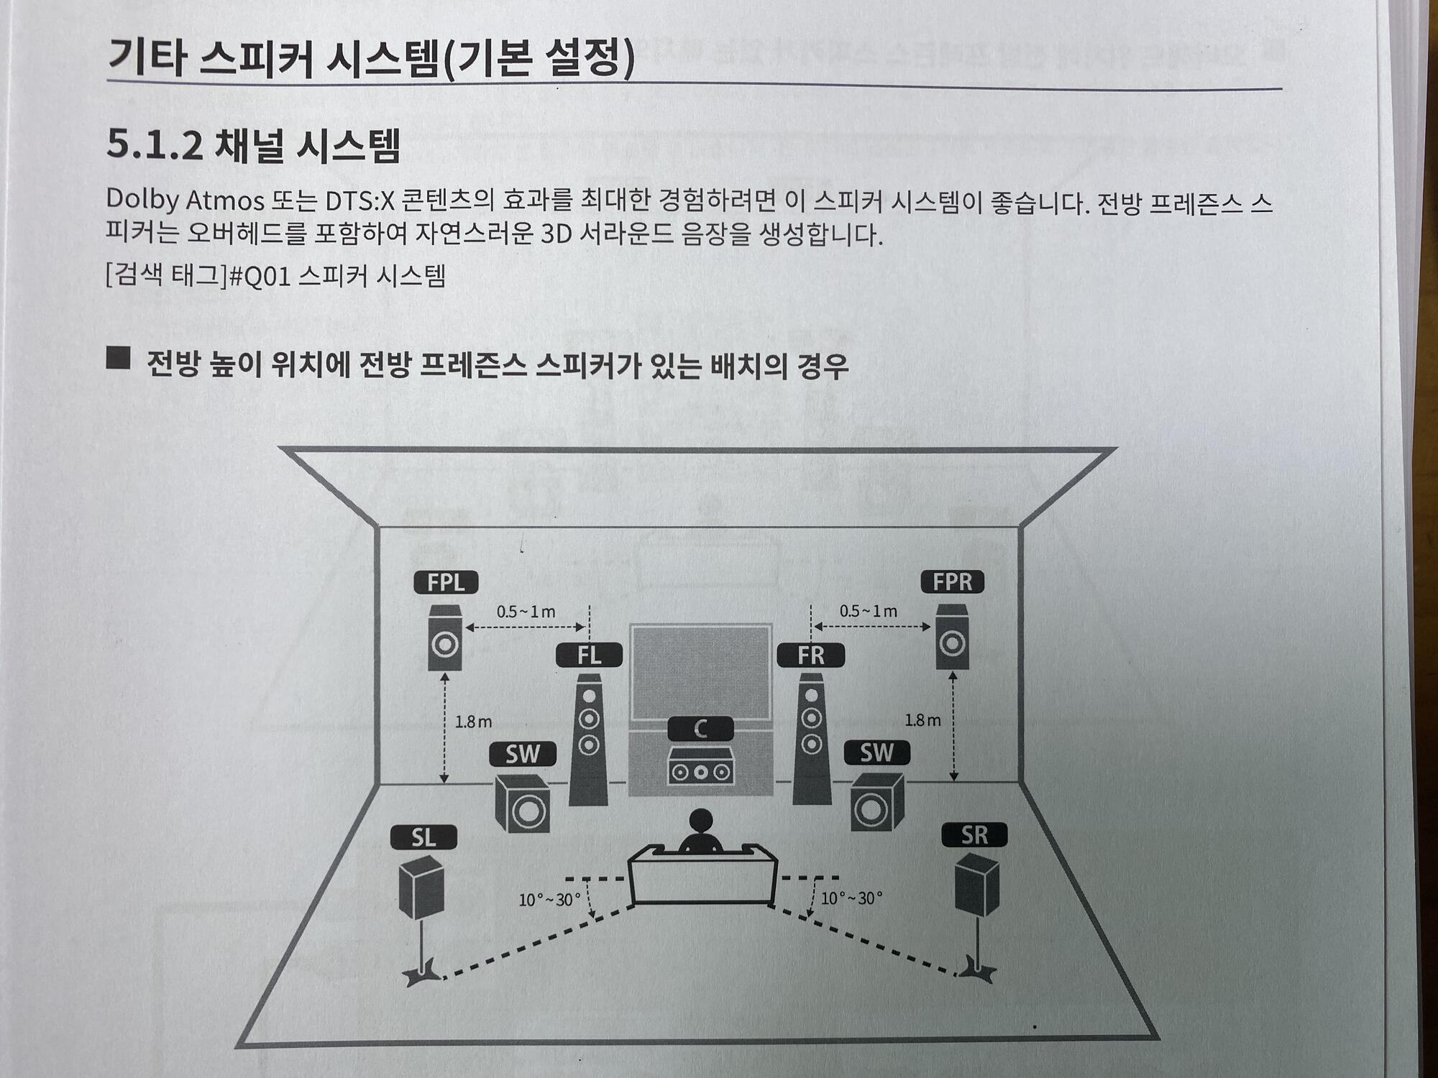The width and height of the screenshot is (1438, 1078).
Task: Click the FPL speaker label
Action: pyautogui.click(x=446, y=582)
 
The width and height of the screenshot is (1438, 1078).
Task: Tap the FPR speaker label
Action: pyautogui.click(x=953, y=581)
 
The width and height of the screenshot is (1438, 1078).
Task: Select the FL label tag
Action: pyautogui.click(x=589, y=655)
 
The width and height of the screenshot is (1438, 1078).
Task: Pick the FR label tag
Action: pyautogui.click(x=811, y=655)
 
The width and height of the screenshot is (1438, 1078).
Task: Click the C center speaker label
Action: pyautogui.click(x=700, y=729)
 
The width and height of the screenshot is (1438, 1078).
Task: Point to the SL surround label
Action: pyautogui.click(x=423, y=837)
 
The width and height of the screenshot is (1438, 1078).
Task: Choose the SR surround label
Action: pyautogui.click(x=974, y=835)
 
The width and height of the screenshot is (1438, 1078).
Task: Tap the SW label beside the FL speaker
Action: pyautogui.click(x=523, y=754)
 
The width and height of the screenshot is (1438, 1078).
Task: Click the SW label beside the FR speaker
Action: pyautogui.click(x=876, y=752)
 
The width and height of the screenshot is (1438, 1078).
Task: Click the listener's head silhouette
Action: pyautogui.click(x=700, y=821)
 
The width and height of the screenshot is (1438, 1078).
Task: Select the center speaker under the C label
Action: pyautogui.click(x=700, y=767)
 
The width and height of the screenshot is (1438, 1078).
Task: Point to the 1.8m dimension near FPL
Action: pyautogui.click(x=473, y=722)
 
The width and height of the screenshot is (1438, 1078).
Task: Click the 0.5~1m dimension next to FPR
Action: pyautogui.click(x=869, y=611)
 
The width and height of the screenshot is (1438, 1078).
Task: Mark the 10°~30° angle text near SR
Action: pyautogui.click(x=851, y=898)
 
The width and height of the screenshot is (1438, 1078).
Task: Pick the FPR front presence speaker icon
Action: pyautogui.click(x=952, y=637)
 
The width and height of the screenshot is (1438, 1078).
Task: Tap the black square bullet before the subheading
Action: pyautogui.click(x=118, y=358)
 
